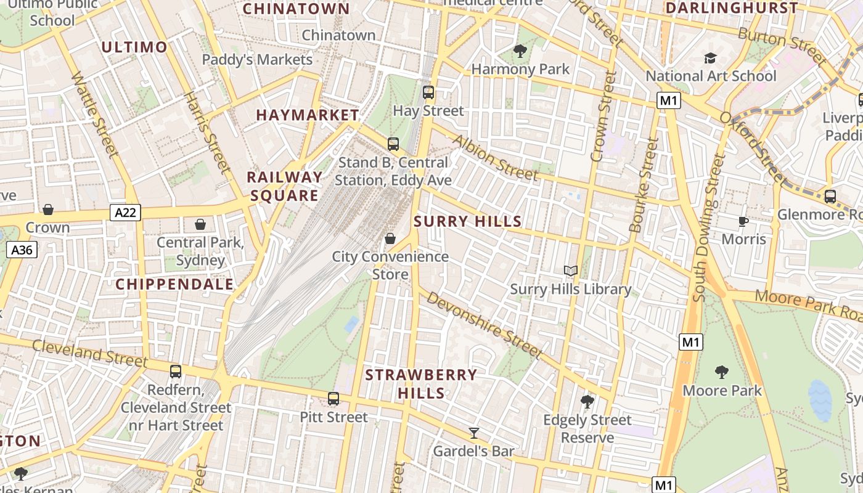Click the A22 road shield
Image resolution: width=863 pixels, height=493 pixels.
click(x=126, y=213)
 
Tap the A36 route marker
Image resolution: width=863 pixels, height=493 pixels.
click(x=22, y=250)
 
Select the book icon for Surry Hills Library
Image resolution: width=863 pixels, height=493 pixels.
click(x=571, y=271)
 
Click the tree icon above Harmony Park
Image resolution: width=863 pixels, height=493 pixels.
click(x=520, y=51)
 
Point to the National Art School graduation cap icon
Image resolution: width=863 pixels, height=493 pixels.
click(x=711, y=58)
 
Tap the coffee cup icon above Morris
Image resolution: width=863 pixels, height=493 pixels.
click(x=743, y=221)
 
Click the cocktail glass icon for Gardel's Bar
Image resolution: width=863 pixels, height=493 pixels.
click(x=473, y=433)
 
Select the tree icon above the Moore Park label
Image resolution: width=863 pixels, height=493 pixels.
click(x=722, y=372)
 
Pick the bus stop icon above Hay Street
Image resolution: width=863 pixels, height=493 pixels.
click(x=428, y=92)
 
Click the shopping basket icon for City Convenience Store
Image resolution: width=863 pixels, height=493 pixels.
click(x=390, y=238)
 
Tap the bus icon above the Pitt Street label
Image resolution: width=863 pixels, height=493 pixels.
click(x=333, y=399)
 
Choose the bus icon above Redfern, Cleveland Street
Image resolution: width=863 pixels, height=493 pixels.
click(x=176, y=372)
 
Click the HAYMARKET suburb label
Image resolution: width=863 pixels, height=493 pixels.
click(x=308, y=115)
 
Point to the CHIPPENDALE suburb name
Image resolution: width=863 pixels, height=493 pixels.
click(x=174, y=284)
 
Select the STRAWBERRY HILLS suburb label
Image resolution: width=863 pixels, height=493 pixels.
click(x=421, y=383)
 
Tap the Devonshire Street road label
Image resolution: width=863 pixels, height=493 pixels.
click(x=484, y=325)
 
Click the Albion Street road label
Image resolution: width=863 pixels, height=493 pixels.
click(x=495, y=157)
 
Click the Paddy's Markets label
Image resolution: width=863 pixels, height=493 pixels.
click(x=258, y=60)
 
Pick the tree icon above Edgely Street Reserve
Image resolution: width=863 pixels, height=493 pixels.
click(x=587, y=402)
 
